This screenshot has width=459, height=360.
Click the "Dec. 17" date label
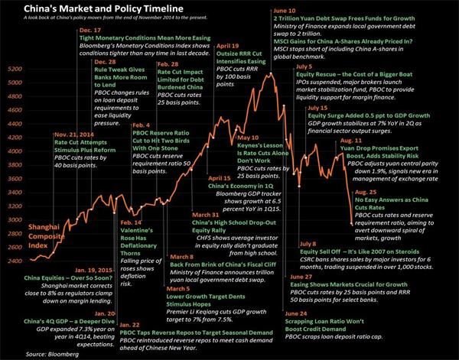tap(90, 30)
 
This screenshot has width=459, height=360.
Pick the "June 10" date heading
tap(285, 11)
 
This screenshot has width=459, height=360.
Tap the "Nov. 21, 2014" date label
tap(74, 133)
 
